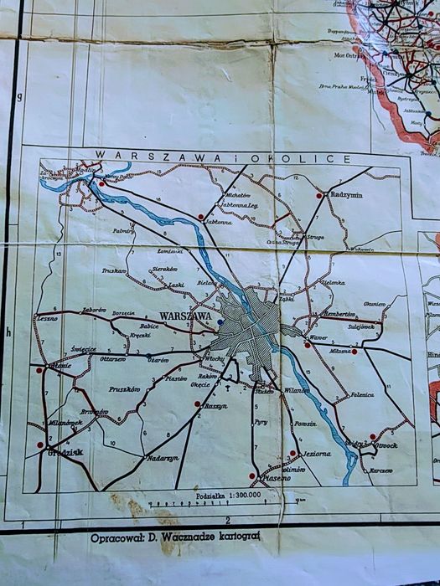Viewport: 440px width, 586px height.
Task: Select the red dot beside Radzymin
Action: click(319, 195)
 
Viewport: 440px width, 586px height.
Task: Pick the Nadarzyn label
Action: click(163, 458)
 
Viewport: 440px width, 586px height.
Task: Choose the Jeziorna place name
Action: click(313, 455)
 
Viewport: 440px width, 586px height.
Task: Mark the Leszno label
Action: click(45, 319)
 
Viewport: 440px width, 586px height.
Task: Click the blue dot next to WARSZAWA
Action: click(220, 321)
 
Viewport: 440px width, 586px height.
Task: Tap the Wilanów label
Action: click(297, 390)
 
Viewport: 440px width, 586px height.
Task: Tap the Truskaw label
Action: click(114, 271)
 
